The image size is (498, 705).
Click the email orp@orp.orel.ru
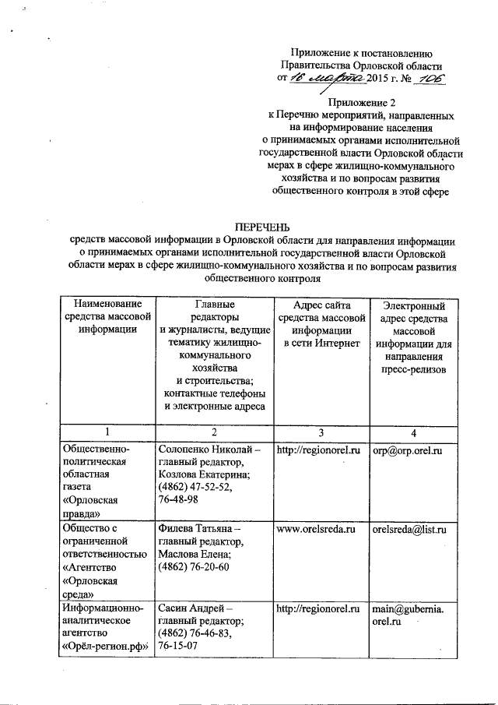[407, 450]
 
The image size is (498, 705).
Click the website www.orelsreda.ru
[316, 529]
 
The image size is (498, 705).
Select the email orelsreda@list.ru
[409, 529]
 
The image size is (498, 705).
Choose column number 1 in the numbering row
[107, 432]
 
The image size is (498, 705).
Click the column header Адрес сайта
[320, 305]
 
